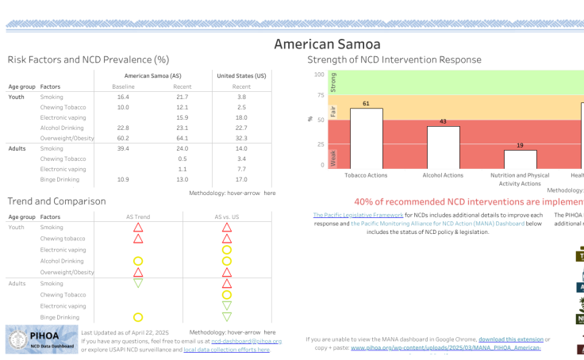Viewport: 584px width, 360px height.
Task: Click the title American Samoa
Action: point(327,44)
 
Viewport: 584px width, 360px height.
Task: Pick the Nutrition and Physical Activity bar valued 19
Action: point(520,159)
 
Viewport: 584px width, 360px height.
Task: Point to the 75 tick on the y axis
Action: point(320,95)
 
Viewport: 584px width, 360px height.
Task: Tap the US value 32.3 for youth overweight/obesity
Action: point(241,138)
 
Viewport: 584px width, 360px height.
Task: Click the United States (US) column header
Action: point(241,75)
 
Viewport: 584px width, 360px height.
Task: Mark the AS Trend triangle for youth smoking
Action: point(138,228)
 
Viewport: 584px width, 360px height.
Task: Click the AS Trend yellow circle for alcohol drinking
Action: point(138,261)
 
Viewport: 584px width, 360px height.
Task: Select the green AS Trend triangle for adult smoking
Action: point(138,282)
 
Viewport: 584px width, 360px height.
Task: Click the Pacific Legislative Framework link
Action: point(358,215)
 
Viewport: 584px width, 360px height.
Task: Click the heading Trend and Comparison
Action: point(56,201)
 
